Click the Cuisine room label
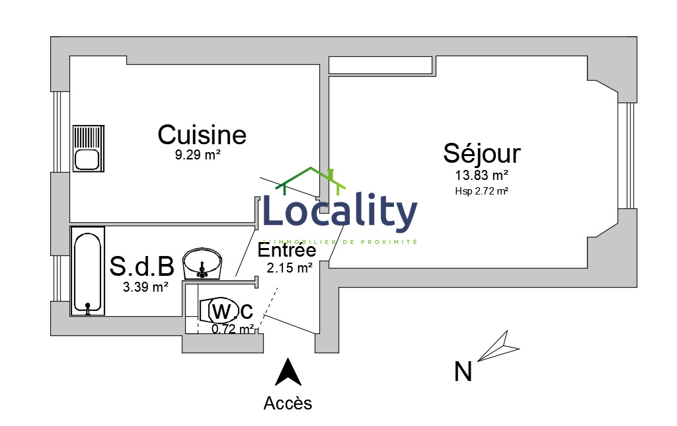tap(202, 135)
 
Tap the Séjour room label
tap(481, 153)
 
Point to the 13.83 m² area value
tap(481, 176)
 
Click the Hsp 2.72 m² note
tap(481, 191)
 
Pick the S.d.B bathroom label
tap(141, 266)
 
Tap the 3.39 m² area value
tap(145, 287)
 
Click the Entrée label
tap(286, 251)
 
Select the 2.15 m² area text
tap(290, 268)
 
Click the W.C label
tap(231, 310)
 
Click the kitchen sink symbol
tap(88, 148)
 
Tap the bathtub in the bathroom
tap(87, 271)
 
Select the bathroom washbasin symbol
tap(202, 263)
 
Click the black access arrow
tap(288, 372)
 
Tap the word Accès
tap(288, 402)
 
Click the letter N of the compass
tap(463, 372)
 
